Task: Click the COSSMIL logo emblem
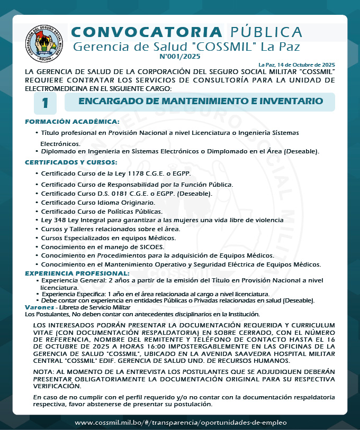45,43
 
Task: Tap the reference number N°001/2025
180,56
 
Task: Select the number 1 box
46,103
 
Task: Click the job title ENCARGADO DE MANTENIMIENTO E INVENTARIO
201,101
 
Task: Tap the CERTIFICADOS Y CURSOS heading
71,162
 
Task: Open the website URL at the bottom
181,422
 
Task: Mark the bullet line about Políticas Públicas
94,211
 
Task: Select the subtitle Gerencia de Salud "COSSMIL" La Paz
186,47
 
